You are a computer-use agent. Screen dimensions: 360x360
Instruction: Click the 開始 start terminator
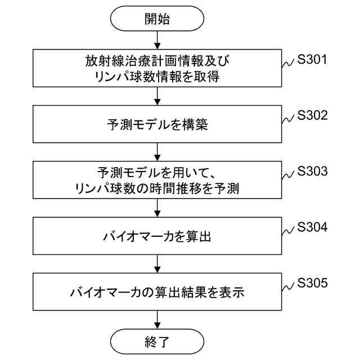pos(157,18)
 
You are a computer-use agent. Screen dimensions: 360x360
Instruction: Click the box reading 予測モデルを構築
pos(157,124)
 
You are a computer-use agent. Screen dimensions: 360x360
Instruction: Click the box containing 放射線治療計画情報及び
pos(157,69)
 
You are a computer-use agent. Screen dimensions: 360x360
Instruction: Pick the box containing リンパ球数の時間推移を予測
pos(157,180)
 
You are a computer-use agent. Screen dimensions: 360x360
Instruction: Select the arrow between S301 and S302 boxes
pos(157,96)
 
